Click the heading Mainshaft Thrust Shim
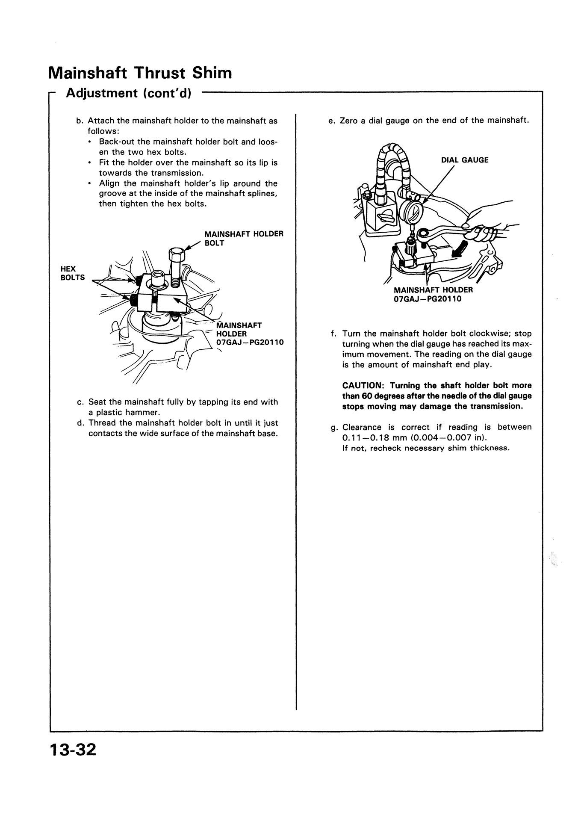140,73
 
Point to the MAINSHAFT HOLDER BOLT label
244,239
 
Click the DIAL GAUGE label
465,160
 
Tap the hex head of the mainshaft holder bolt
176,255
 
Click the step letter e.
330,121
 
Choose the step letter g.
333,427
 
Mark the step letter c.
80,402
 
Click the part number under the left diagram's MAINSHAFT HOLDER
250,343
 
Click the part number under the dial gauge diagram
428,298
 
